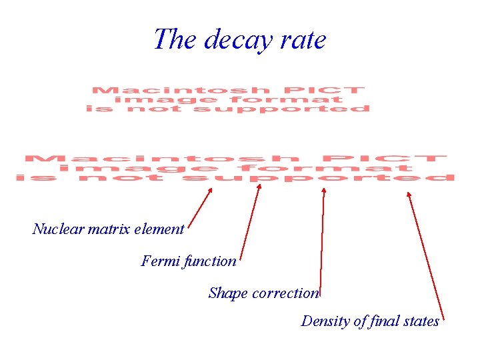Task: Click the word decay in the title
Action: tap(237, 40)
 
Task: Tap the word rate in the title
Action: tap(304, 40)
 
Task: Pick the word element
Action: tap(159, 229)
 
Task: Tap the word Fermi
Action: tap(157, 261)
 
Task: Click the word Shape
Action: tap(227, 293)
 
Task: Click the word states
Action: tap(421, 321)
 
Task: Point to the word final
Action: tap(385, 321)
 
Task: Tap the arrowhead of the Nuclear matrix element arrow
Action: tap(210, 190)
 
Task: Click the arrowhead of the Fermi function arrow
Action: tap(259, 187)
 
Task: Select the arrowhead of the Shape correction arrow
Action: tap(324, 191)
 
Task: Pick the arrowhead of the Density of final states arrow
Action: tap(409, 195)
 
